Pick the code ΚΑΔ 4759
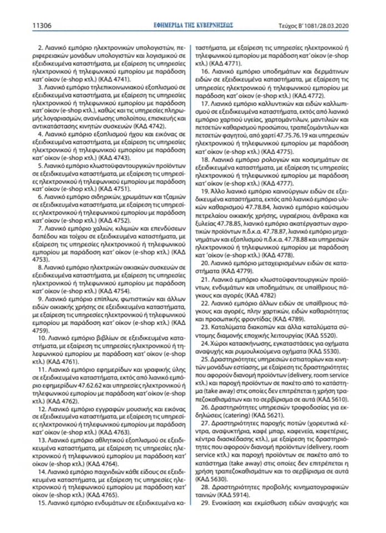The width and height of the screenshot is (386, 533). coord(41,329)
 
